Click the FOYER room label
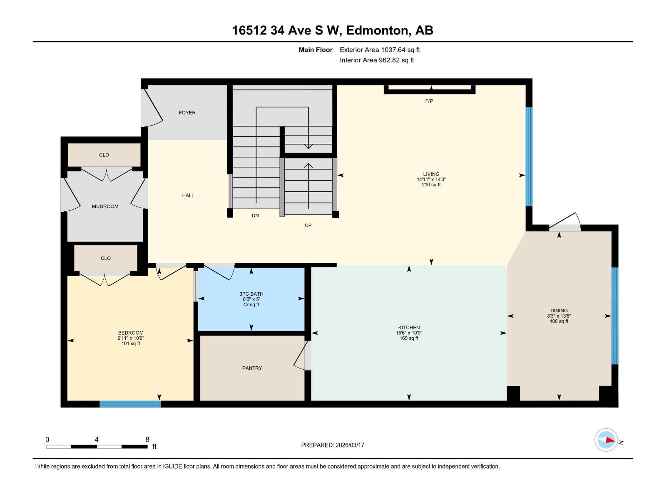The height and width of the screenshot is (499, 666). pyautogui.click(x=187, y=113)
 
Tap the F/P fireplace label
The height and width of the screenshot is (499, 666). pyautogui.click(x=429, y=101)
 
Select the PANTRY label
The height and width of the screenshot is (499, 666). pyautogui.click(x=252, y=368)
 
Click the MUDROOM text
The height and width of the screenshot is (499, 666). pyautogui.click(x=105, y=206)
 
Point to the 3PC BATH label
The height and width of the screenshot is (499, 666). pyautogui.click(x=251, y=294)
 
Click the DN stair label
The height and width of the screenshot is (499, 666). pyautogui.click(x=255, y=215)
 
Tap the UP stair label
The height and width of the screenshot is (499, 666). pyautogui.click(x=308, y=225)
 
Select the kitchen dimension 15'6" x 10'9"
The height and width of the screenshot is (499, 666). pyautogui.click(x=409, y=333)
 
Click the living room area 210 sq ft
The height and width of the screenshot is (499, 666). pyautogui.click(x=431, y=185)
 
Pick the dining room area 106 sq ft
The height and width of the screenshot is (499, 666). pyautogui.click(x=559, y=321)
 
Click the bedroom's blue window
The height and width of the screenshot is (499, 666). pyautogui.click(x=130, y=404)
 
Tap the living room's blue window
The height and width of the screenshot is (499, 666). pyautogui.click(x=529, y=157)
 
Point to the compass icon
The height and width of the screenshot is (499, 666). pyautogui.click(x=606, y=440)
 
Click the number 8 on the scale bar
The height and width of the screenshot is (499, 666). pyautogui.click(x=147, y=439)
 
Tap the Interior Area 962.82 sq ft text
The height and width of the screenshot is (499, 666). pyautogui.click(x=377, y=60)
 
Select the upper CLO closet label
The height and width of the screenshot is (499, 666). pyautogui.click(x=104, y=155)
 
